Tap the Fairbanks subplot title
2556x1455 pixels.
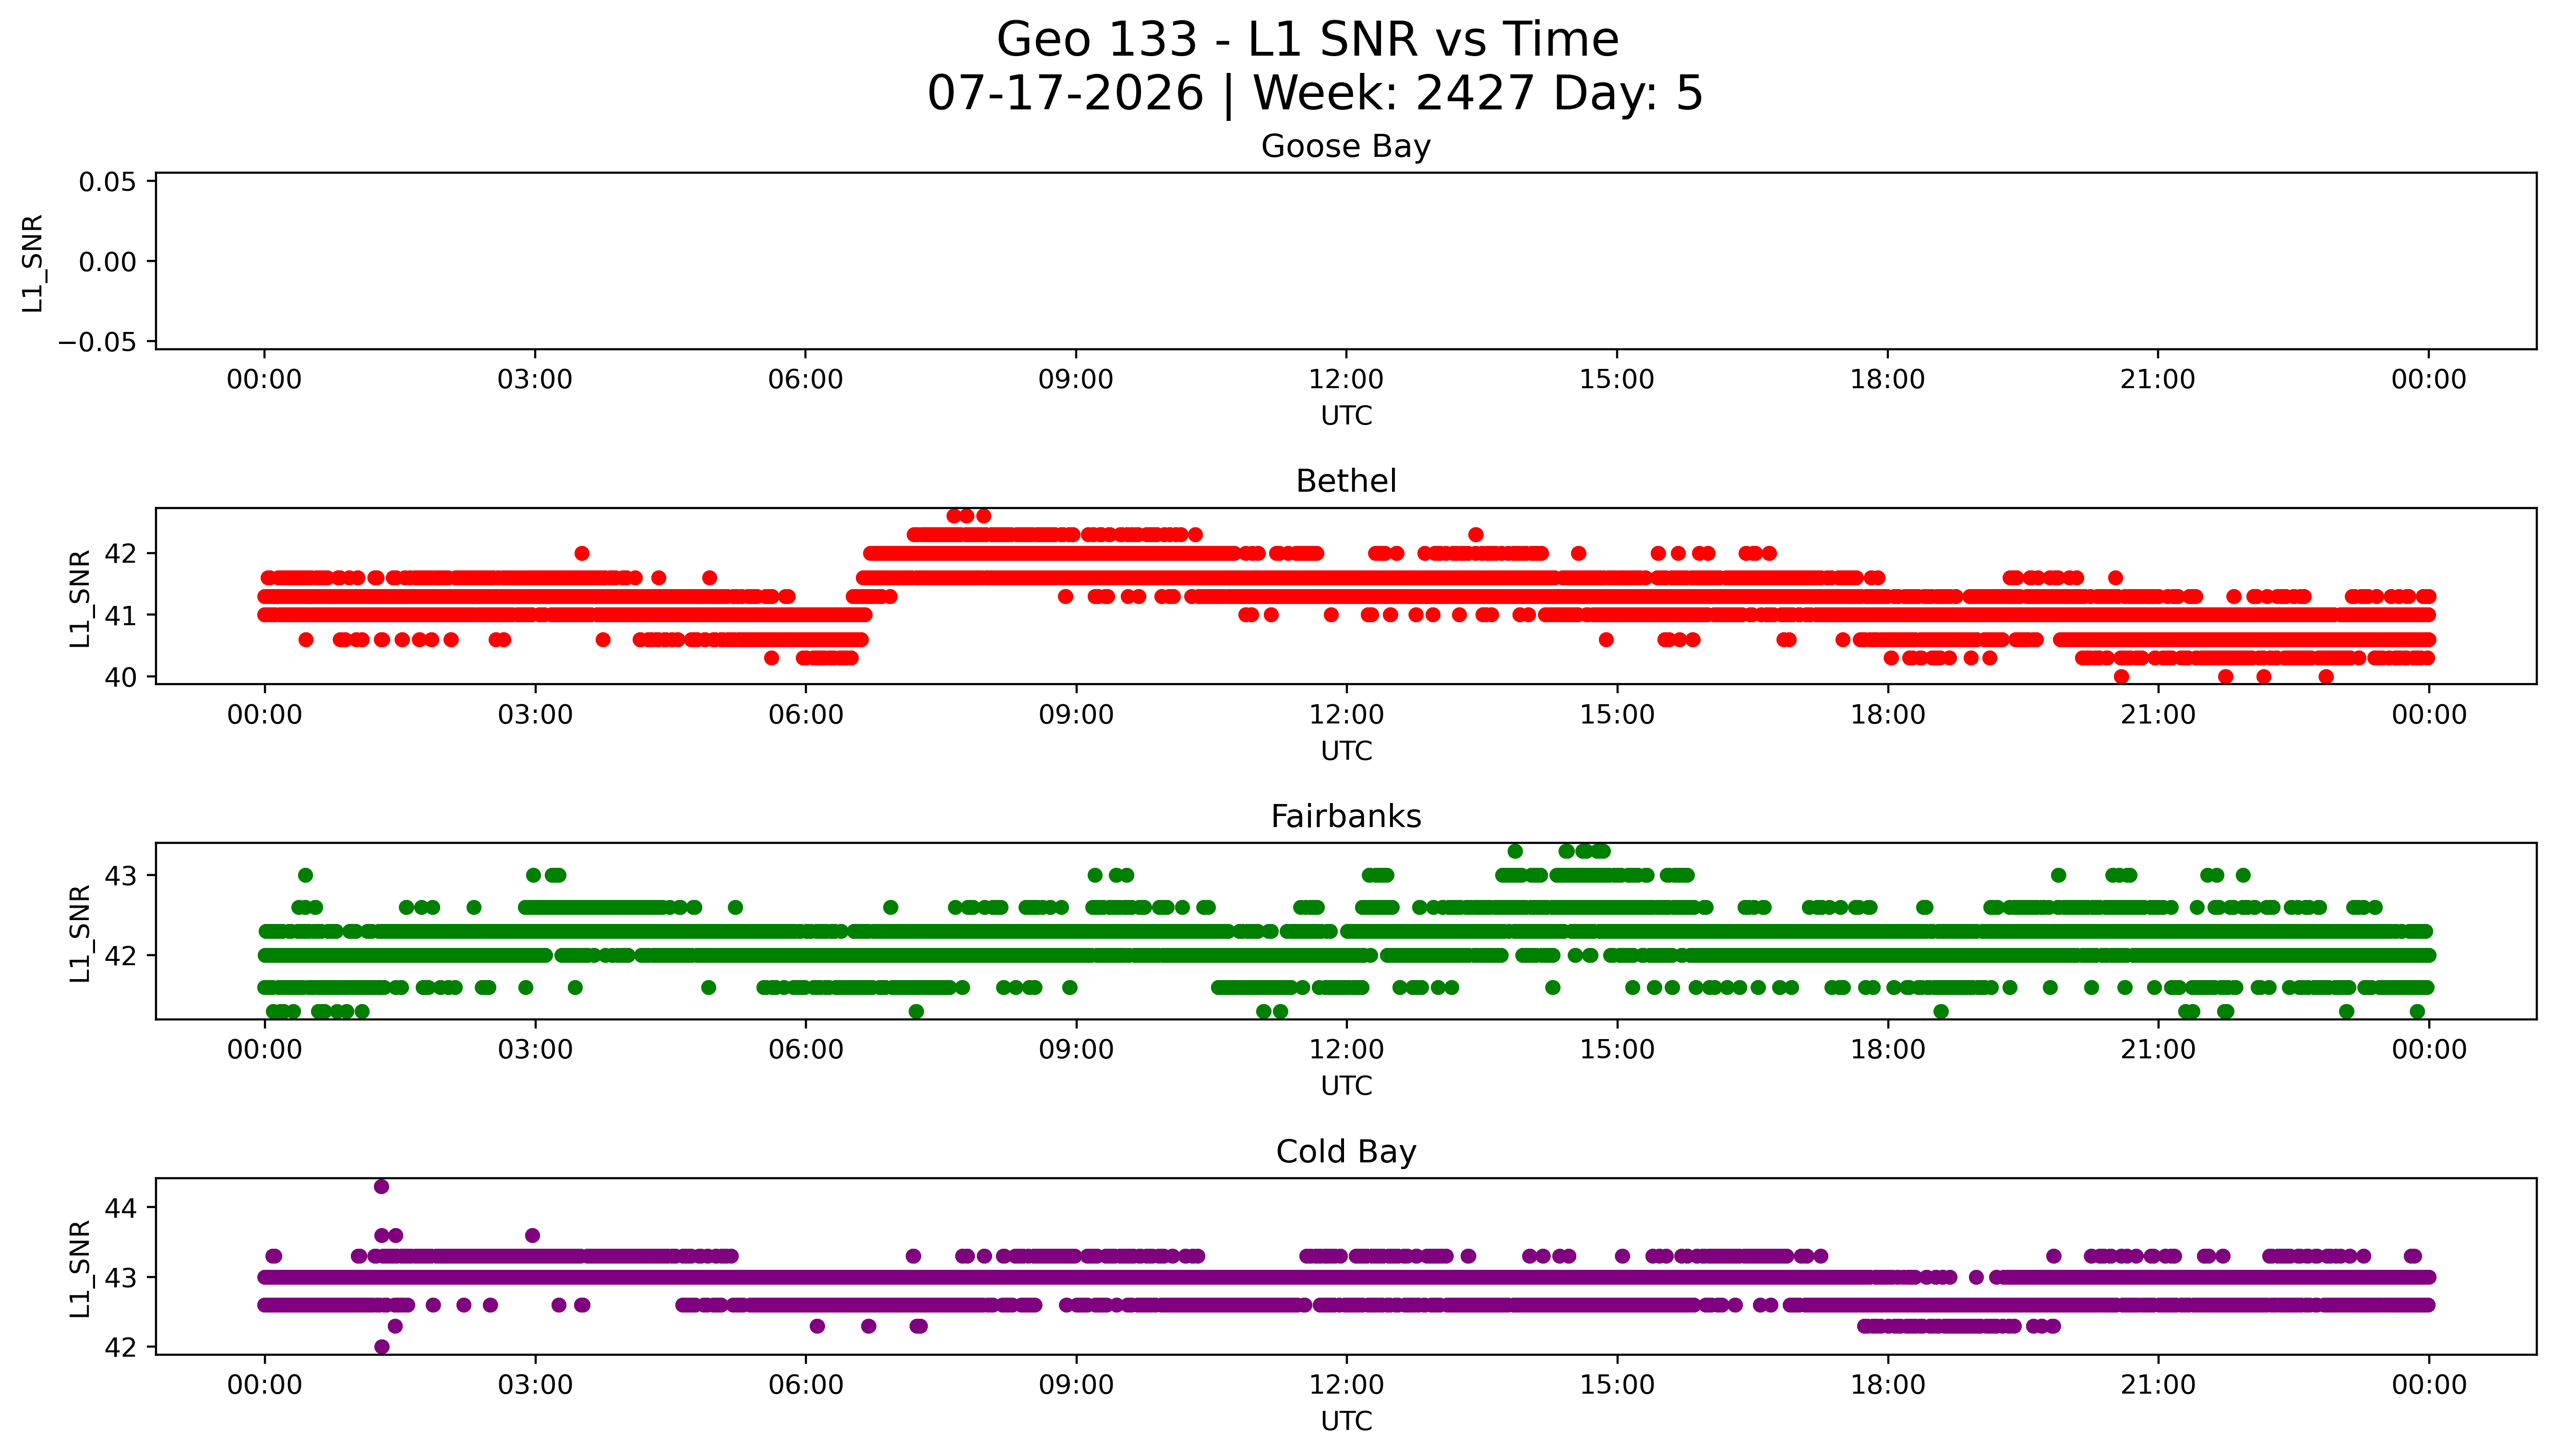(1345, 816)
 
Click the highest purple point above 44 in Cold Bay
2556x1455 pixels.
(381, 1186)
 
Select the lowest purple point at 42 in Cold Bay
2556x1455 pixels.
(381, 1347)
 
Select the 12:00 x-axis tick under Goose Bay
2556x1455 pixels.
(1345, 380)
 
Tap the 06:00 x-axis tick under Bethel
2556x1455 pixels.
(804, 714)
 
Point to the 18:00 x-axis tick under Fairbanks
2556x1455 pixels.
(1887, 1049)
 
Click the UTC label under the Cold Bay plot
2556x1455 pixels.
(1345, 1421)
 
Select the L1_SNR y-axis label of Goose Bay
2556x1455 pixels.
(33, 263)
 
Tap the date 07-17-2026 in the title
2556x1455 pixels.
(1066, 94)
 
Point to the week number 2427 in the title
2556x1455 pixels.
(1475, 94)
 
